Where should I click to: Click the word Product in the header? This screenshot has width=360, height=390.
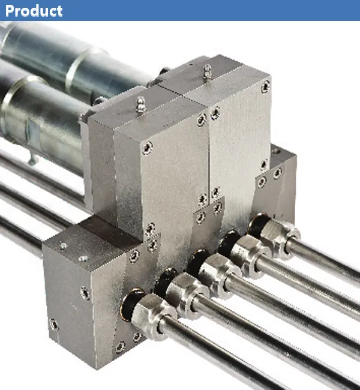pos(34,10)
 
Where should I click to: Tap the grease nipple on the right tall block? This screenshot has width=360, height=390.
pos(207,72)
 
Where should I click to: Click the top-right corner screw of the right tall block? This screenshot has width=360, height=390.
pos(265,88)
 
